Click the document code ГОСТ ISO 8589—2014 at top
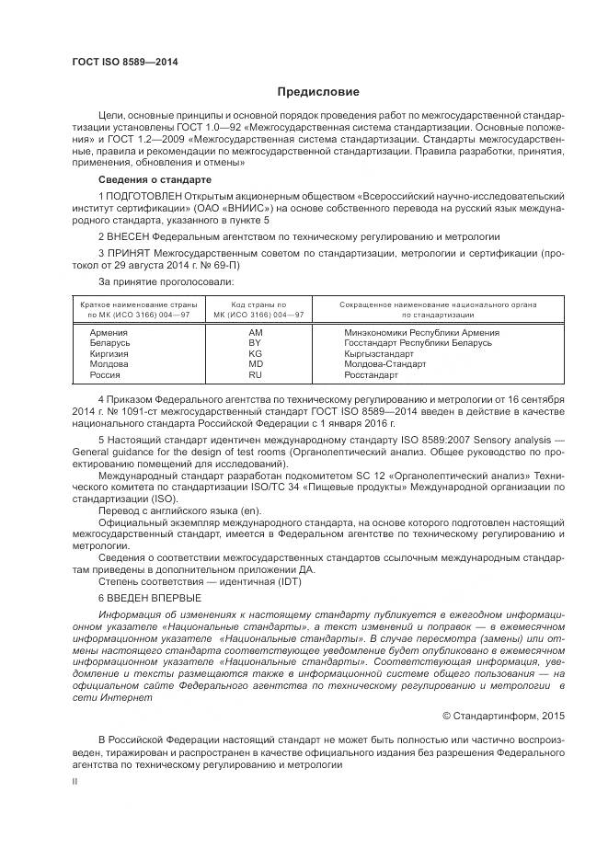pyautogui.click(x=124, y=62)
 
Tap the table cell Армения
pyautogui.click(x=109, y=332)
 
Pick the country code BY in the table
pyautogui.click(x=256, y=343)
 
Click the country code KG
pyautogui.click(x=256, y=353)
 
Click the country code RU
pyautogui.click(x=256, y=375)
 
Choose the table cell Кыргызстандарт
pyautogui.click(x=378, y=353)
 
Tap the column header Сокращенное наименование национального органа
pyautogui.click(x=438, y=304)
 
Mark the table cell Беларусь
pyautogui.click(x=109, y=343)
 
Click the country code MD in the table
pyautogui.click(x=256, y=364)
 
